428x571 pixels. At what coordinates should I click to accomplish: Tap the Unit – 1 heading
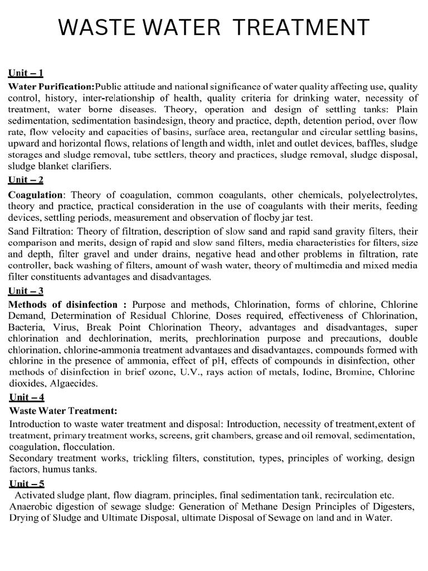click(26, 72)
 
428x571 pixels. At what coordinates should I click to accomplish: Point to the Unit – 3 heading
click(26, 291)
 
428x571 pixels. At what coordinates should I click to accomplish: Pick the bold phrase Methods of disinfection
click(63, 304)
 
